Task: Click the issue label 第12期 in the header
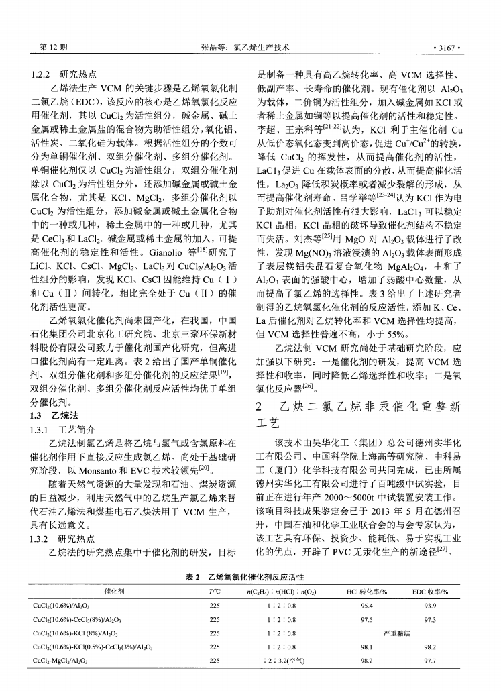point(54,48)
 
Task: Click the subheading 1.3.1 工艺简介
point(63,429)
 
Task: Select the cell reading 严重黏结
point(396,633)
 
